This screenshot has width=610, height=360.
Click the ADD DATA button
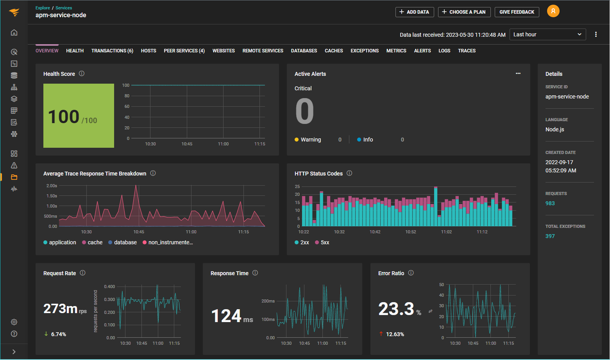[414, 12]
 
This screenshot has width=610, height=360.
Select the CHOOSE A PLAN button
[464, 12]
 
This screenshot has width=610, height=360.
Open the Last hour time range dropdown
[547, 34]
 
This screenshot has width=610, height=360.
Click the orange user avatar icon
[553, 11]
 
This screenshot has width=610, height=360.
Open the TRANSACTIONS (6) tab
[112, 51]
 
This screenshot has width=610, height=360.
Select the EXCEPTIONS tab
[364, 51]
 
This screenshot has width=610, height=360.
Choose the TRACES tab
[467, 51]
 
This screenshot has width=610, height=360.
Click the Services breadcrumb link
[64, 8]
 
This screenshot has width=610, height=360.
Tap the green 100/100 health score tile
[79, 116]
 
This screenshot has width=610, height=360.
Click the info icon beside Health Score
[82, 73]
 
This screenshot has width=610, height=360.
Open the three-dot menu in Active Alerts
[518, 73]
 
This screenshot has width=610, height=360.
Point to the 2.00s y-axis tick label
[52, 186]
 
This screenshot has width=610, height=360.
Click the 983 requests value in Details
[550, 203]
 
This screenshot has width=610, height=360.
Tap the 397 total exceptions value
[550, 236]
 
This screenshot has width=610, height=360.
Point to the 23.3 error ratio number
[396, 309]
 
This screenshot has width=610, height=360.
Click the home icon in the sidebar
[14, 32]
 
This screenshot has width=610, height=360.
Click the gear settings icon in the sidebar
[14, 322]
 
